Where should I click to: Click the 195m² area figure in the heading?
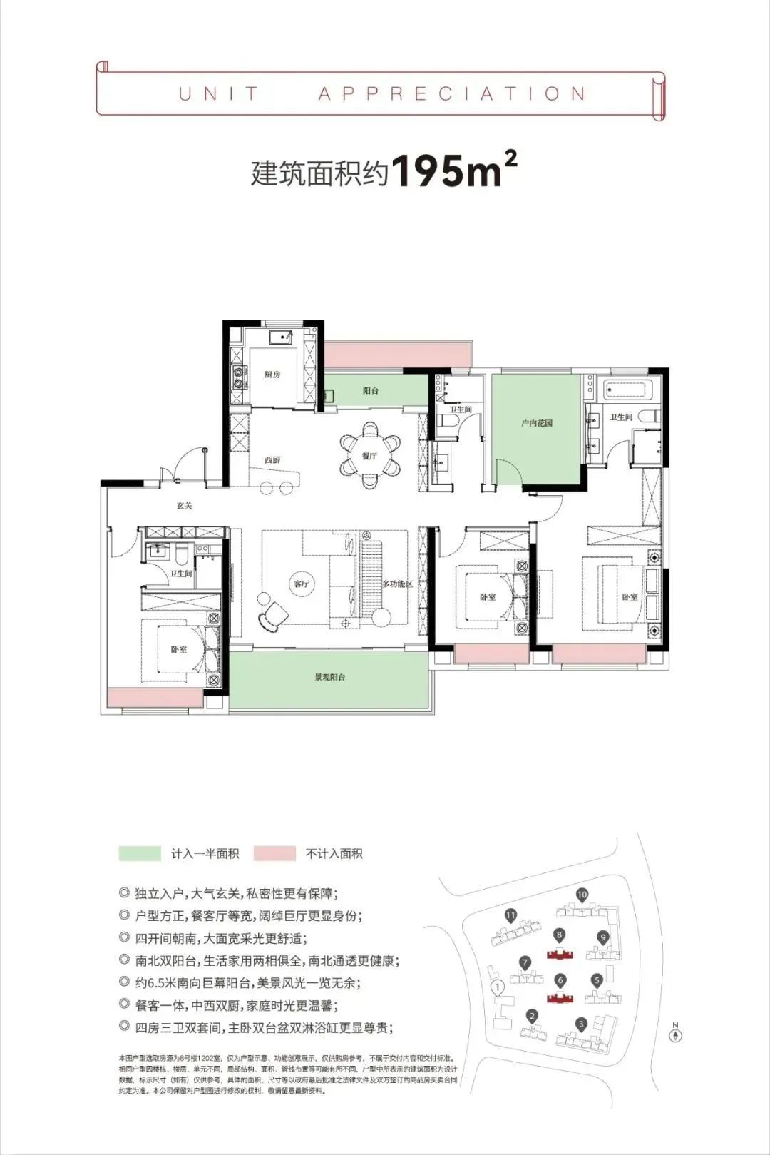pos(454,171)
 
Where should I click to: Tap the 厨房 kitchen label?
pos(272,375)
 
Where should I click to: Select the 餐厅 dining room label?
pos(369,456)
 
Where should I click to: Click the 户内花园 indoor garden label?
pos(536,423)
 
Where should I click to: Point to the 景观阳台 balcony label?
pos(330,677)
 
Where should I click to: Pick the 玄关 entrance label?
pos(185,506)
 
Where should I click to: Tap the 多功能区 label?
pos(398,584)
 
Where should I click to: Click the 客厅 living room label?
pos(302,584)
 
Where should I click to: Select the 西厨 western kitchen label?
pos(272,460)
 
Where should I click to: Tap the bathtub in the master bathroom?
pos(625,390)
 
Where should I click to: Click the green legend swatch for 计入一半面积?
pos(140,853)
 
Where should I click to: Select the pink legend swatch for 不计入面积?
pos(274,853)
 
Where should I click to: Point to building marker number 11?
pos(510,915)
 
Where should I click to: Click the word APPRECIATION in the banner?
pos(452,93)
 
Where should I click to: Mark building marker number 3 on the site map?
pos(581,1024)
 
